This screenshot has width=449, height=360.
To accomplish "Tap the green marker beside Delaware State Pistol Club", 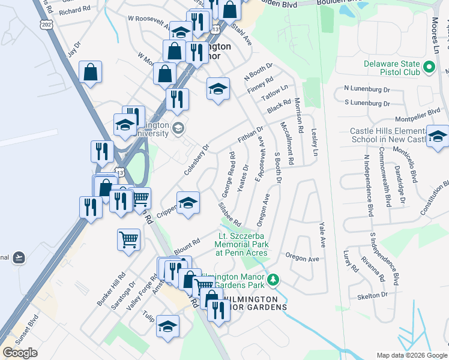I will [429, 67].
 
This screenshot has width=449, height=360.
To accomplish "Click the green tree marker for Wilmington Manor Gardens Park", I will [273, 280].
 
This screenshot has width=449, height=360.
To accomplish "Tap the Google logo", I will [20, 353].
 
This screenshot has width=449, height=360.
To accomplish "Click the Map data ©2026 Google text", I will [412, 355].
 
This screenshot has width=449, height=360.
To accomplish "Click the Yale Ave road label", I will [322, 236].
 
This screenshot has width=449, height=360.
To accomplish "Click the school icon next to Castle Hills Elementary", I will [438, 136].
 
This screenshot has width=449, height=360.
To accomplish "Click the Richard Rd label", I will [74, 11].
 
